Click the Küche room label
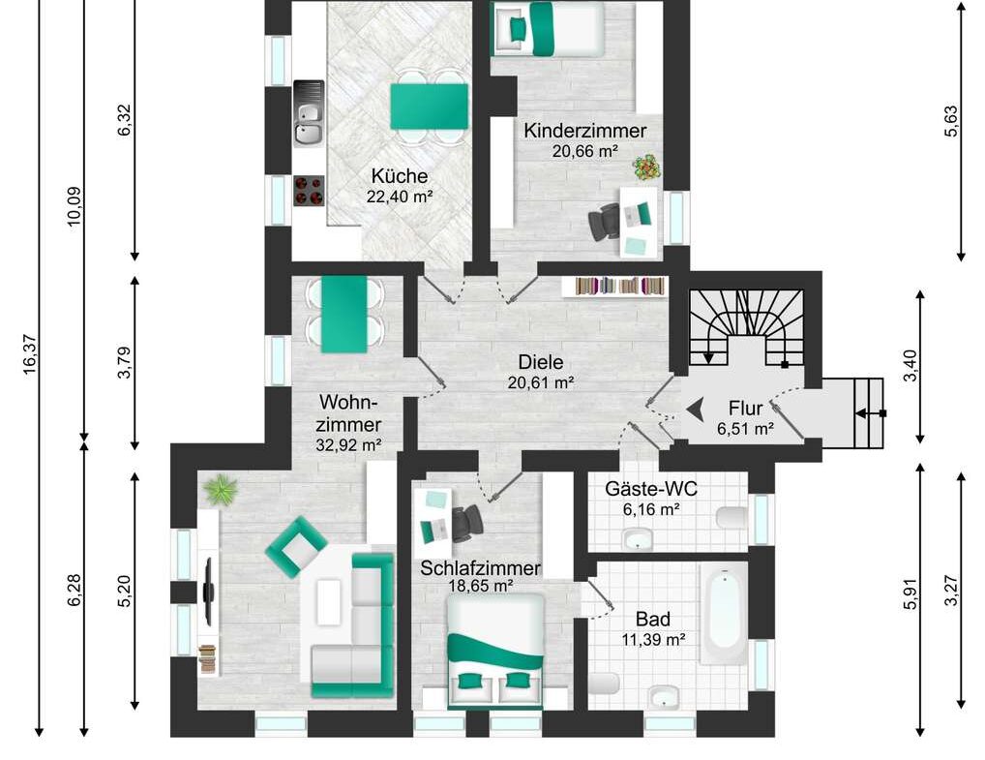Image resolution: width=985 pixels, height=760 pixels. point(399,176)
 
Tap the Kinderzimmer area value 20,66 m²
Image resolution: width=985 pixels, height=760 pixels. point(584,151)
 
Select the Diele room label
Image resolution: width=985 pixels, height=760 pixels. point(541,361)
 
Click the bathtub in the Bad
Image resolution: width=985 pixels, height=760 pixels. point(724,614)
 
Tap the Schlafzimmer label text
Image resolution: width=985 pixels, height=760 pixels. point(480,568)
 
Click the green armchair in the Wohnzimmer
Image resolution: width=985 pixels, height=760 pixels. point(296,545)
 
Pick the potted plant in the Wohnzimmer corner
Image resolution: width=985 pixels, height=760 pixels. point(222,489)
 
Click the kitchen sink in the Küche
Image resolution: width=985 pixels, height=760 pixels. point(309,113)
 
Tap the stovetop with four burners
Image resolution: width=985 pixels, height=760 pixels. point(309,190)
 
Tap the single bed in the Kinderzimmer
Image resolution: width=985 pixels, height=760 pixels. point(546,28)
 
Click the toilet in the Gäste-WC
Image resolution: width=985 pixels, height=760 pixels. point(731,517)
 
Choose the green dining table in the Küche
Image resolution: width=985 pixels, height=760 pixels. point(429,106)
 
